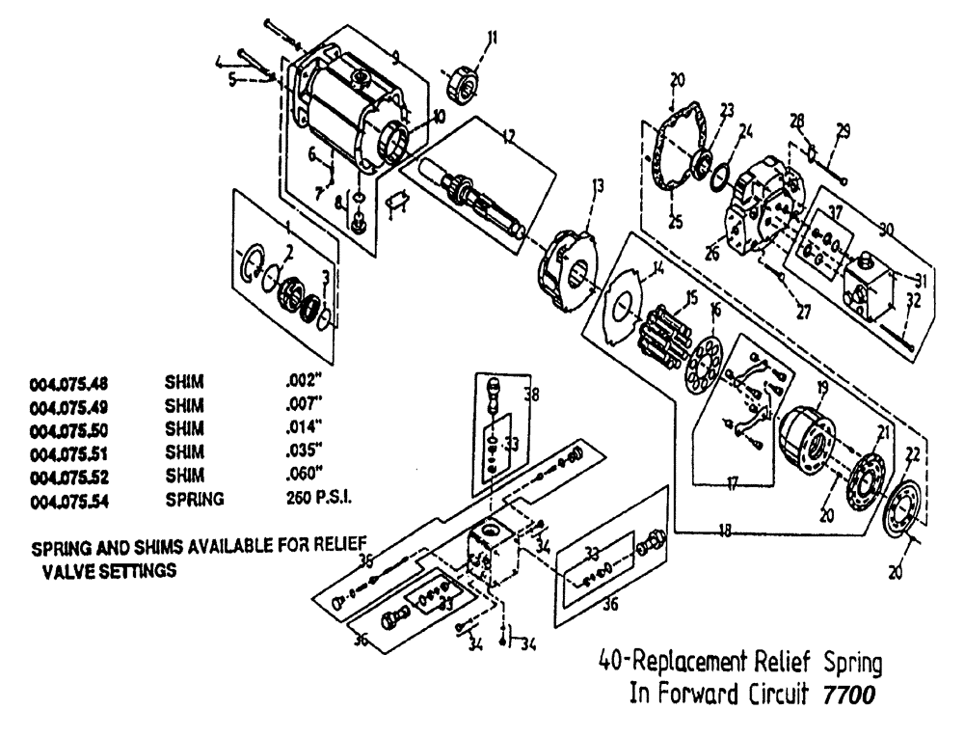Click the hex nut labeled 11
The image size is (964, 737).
pyautogui.click(x=460, y=79)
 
